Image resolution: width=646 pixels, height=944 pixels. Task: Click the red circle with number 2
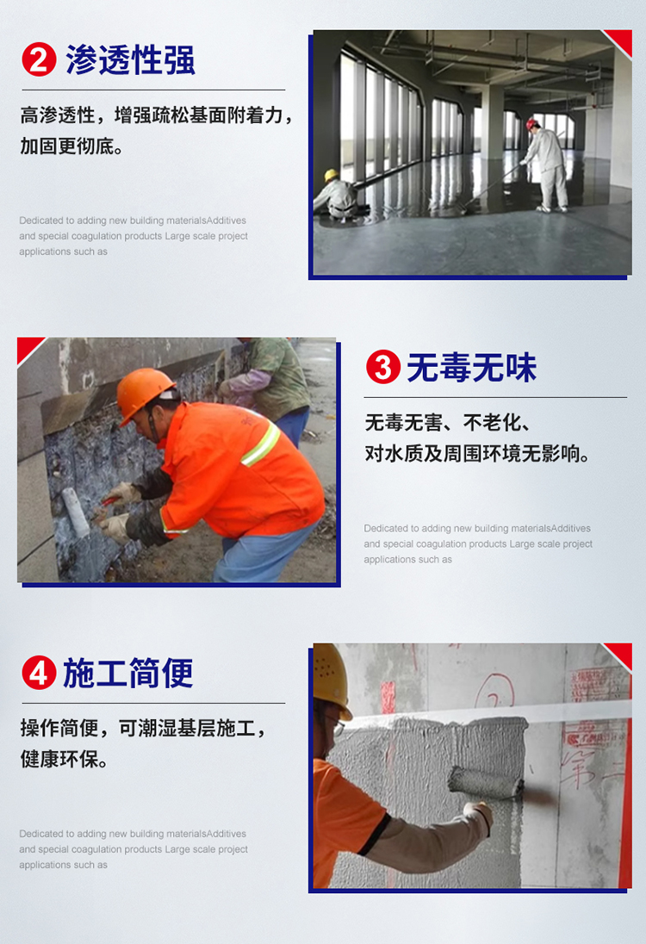pyautogui.click(x=39, y=59)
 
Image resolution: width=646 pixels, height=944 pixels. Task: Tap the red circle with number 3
pyautogui.click(x=383, y=368)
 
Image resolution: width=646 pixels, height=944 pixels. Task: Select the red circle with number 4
pyautogui.click(x=38, y=673)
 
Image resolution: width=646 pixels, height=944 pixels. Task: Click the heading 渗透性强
pyautogui.click(x=131, y=59)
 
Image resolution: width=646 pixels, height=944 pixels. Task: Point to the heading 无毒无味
pyautogui.click(x=472, y=368)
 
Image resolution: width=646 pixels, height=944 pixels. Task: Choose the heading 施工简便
pyautogui.click(x=128, y=673)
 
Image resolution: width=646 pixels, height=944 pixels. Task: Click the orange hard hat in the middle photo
pyautogui.click(x=144, y=392)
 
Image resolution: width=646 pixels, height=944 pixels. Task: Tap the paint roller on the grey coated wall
pyautogui.click(x=488, y=781)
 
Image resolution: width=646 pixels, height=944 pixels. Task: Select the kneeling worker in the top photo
pyautogui.click(x=338, y=196)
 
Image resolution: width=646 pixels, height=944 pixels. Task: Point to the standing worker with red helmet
pyautogui.click(x=546, y=164)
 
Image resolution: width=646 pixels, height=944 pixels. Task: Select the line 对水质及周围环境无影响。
pyautogui.click(x=478, y=453)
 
